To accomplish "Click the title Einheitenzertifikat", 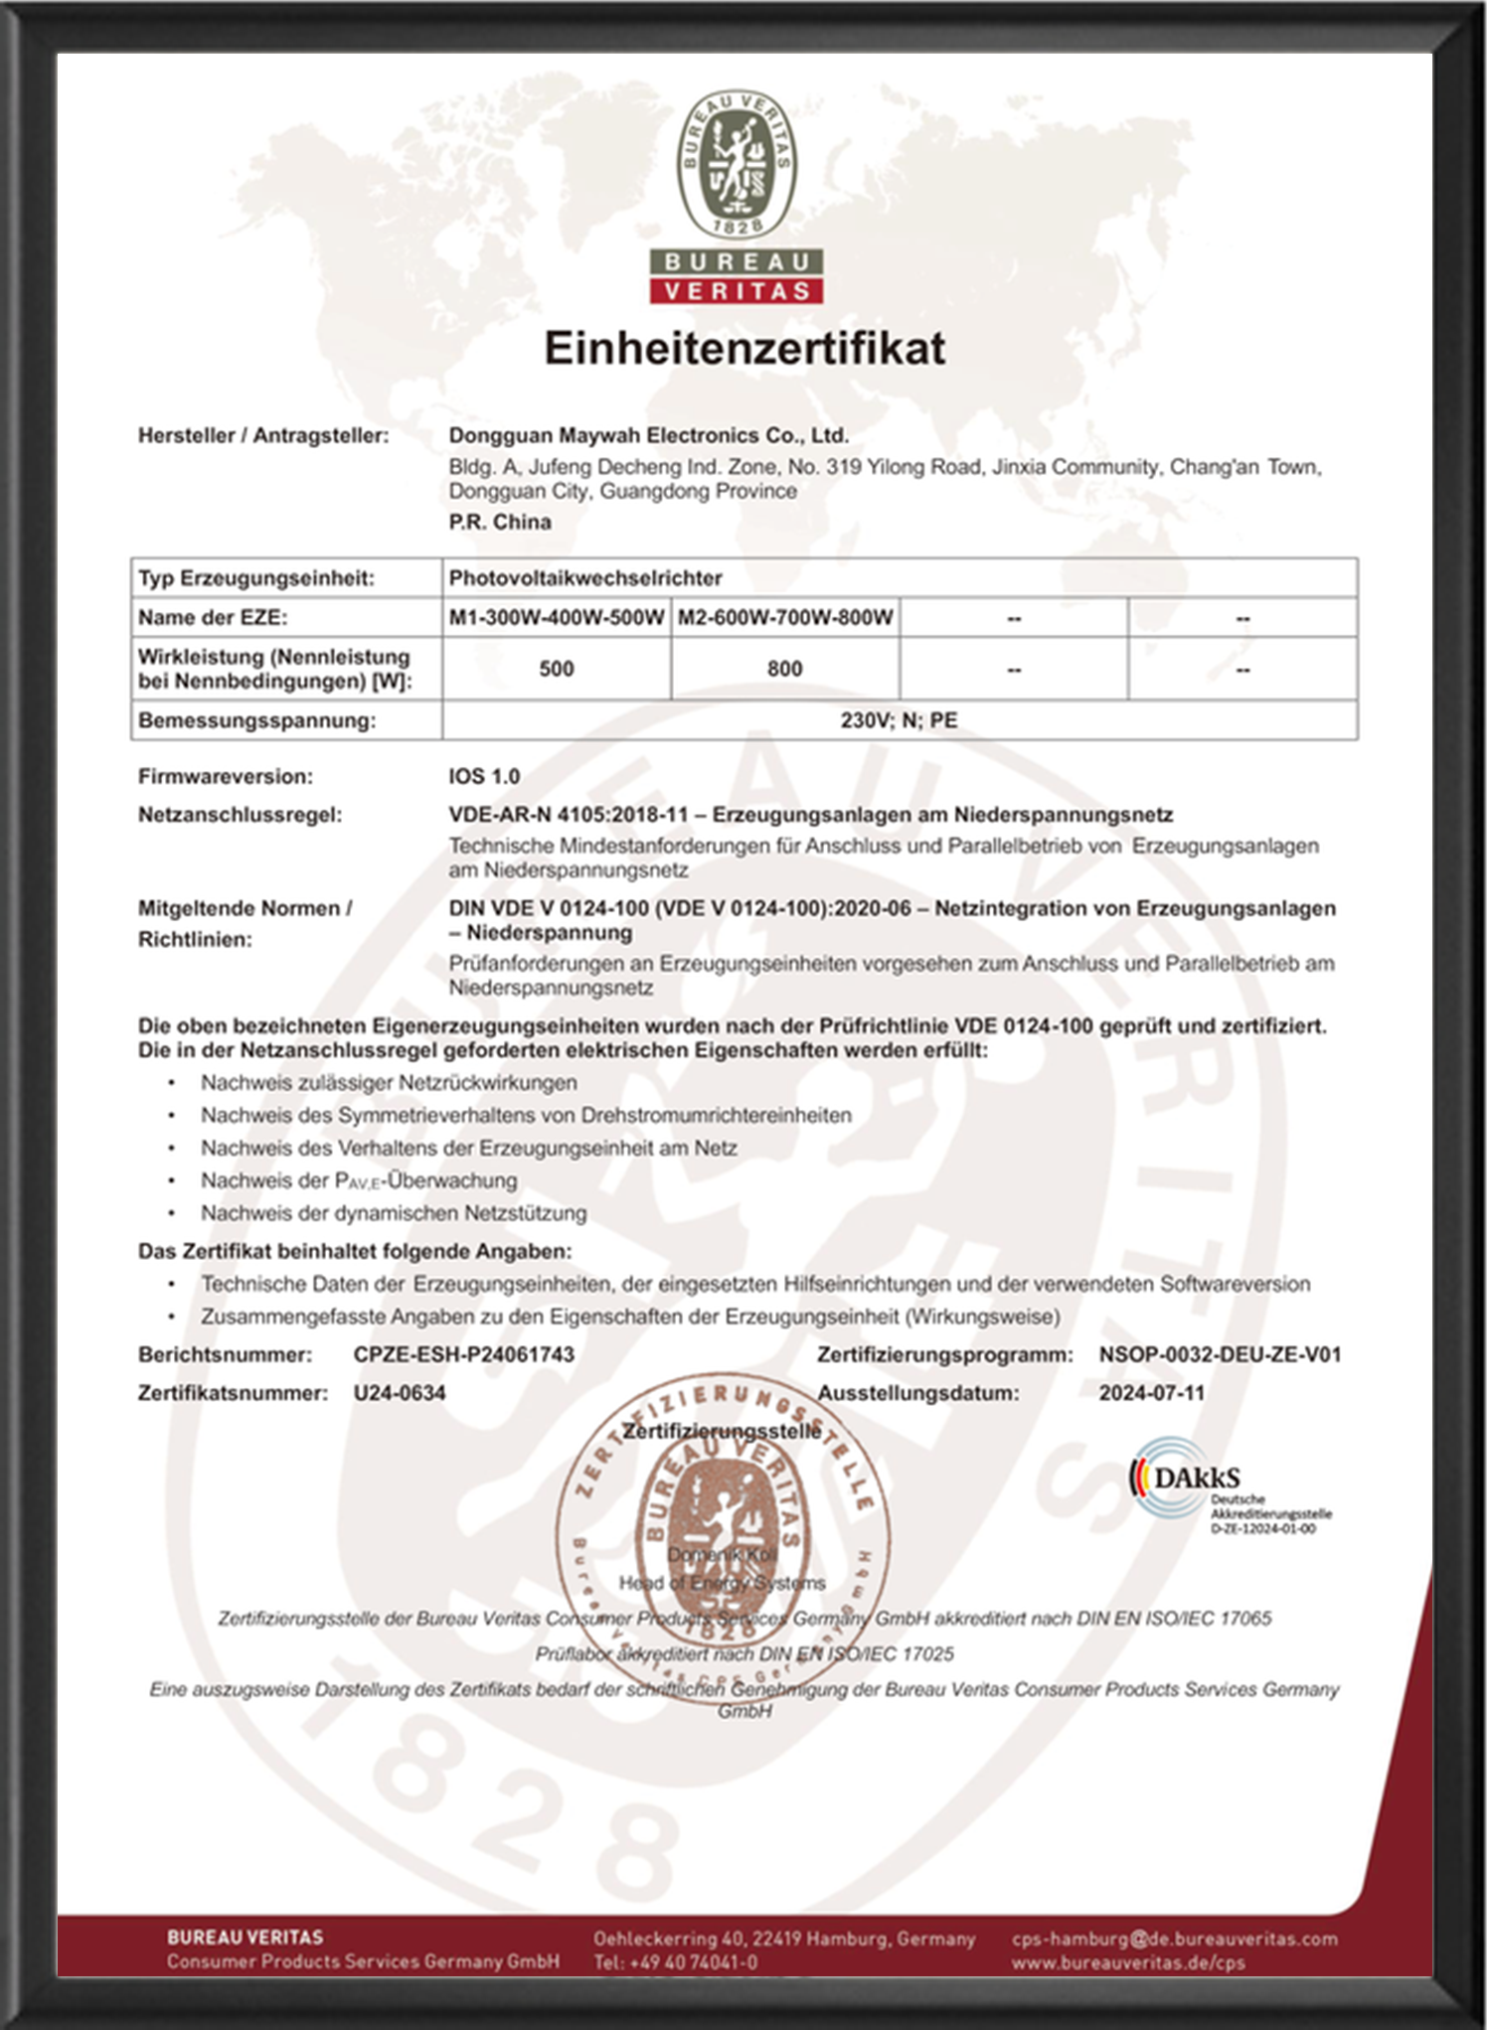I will click(744, 349).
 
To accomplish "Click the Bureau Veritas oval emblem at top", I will click(737, 164).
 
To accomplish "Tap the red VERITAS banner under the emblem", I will click(737, 290).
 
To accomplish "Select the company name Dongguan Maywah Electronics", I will click(648, 435).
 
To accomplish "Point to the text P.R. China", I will click(499, 522).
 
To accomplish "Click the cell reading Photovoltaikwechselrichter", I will click(585, 578).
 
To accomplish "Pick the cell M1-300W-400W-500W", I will click(557, 617).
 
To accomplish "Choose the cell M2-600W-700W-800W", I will click(785, 617).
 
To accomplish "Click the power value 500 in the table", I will click(557, 669).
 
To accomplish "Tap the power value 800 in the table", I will click(785, 669).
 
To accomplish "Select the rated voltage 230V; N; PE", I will click(899, 720).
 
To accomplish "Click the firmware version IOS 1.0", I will click(484, 776).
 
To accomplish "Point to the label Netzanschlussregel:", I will click(240, 815).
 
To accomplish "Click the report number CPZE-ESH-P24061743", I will click(463, 1354).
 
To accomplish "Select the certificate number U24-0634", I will click(400, 1393).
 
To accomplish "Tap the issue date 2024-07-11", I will click(1151, 1393).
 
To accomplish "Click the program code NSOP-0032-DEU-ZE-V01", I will click(1220, 1354).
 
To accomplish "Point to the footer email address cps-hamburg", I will click(1174, 1939).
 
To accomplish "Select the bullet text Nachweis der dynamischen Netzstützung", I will click(394, 1213).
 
